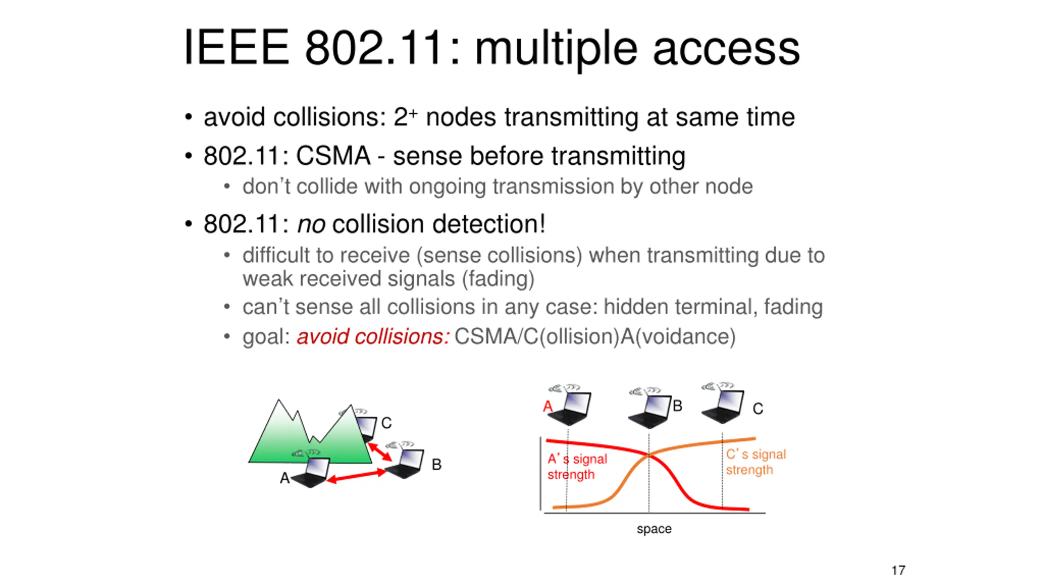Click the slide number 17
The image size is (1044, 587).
coord(898,570)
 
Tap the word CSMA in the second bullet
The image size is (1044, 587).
coord(333,156)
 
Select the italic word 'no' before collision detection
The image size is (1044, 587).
coord(311,224)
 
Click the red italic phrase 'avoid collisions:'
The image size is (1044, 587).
coord(373,337)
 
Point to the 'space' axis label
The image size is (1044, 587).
coord(654,529)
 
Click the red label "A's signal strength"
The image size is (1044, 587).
coord(577,467)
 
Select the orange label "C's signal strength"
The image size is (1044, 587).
coord(755,462)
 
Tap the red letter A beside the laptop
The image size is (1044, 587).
coord(548,406)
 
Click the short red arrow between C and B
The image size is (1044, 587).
coord(380,452)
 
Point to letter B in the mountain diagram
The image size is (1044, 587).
coord(436,464)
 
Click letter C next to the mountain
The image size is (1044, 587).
coord(386,423)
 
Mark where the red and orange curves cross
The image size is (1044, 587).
coord(649,455)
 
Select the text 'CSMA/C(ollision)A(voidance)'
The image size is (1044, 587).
coord(595,337)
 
